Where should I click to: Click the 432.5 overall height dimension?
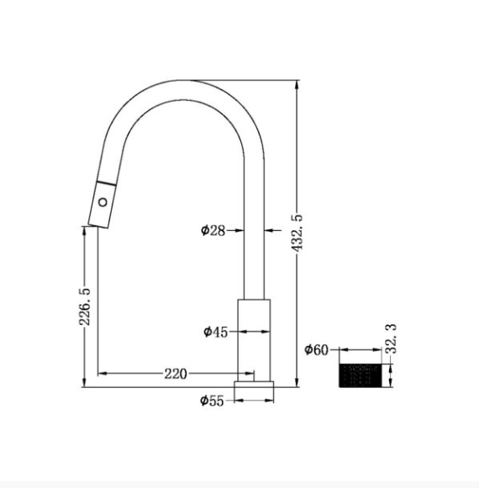point(297,233)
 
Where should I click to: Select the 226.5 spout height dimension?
point(84,307)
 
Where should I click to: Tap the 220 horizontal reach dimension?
point(176,374)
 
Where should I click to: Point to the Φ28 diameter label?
point(213,231)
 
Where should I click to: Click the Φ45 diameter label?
point(216,332)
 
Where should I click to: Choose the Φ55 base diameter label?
point(212,401)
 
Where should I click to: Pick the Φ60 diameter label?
point(317,349)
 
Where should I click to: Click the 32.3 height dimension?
point(392,338)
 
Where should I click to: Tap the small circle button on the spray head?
point(103,202)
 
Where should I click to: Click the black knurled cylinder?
point(360,375)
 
